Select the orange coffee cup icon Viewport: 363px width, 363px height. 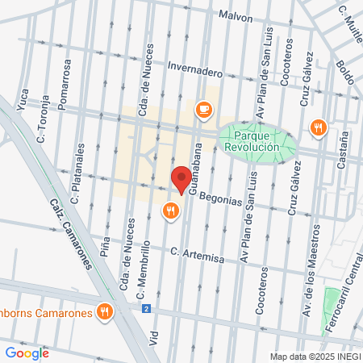(203, 109)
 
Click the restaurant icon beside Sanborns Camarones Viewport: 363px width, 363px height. (103, 311)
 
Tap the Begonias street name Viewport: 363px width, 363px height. (216, 198)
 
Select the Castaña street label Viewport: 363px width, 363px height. (344, 146)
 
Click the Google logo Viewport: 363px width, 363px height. (27, 353)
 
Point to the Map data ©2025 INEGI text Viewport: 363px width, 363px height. (315, 357)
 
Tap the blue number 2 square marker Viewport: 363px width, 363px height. (146, 308)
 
